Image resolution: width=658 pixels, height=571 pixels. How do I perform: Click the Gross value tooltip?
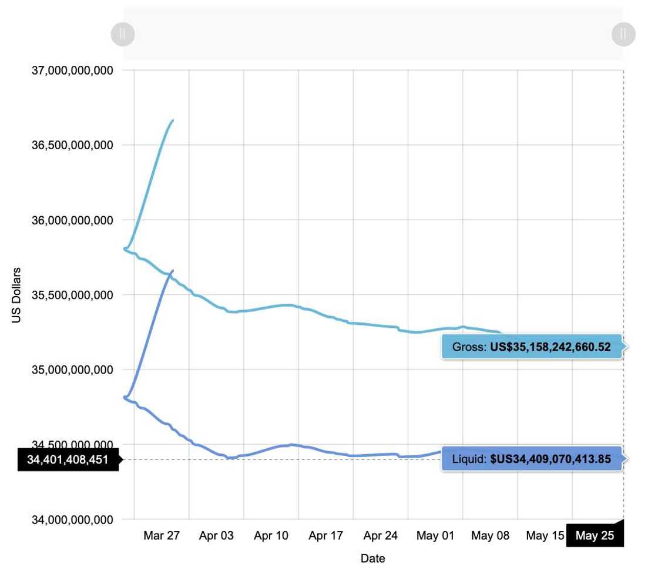point(531,347)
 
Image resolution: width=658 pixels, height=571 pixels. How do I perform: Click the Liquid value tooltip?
point(531,459)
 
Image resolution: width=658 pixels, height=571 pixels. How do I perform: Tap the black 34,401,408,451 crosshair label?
point(68,459)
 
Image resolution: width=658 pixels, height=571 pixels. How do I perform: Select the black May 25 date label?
point(595,536)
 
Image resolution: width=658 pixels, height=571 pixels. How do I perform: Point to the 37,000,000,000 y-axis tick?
point(72,70)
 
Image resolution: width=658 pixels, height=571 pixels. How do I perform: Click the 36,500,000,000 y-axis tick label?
point(72,145)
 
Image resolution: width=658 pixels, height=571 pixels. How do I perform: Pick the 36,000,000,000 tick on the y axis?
point(72,220)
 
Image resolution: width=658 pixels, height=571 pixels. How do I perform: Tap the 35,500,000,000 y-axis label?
point(72,295)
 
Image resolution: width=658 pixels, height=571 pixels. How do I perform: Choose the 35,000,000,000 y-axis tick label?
point(72,370)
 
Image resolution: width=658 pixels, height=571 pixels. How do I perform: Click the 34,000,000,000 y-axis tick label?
point(72,520)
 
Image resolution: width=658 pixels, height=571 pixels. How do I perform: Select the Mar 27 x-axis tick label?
point(162,536)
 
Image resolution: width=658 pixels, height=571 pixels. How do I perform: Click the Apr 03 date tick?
point(216,536)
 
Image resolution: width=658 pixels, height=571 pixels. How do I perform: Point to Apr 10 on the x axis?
point(271,536)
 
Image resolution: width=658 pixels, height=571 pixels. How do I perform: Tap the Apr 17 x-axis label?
point(325,536)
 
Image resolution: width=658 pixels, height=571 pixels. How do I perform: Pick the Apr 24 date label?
point(381,536)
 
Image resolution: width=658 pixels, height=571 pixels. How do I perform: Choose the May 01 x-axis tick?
point(435,536)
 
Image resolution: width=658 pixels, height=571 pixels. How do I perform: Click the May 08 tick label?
point(490,536)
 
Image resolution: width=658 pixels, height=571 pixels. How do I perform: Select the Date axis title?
point(372,559)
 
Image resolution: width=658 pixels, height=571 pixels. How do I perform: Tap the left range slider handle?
point(123,34)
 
